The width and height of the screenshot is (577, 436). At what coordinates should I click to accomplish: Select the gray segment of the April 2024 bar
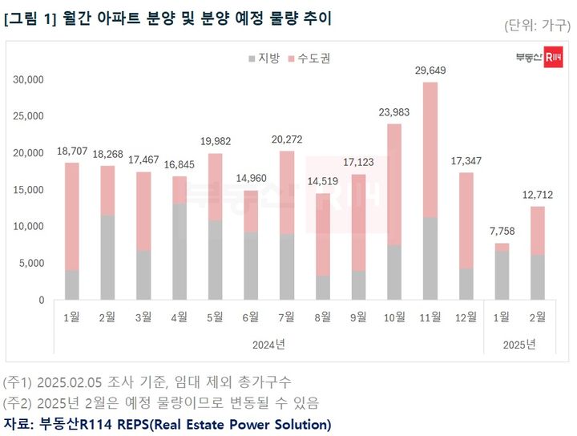pos(180,252)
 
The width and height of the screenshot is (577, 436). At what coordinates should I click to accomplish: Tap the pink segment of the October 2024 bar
pos(394,184)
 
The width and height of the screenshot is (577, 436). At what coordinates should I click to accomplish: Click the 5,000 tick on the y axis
pos(32,264)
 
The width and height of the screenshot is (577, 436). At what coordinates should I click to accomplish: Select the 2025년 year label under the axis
pos(518,345)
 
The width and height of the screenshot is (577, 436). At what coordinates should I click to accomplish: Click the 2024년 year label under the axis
pos(268,345)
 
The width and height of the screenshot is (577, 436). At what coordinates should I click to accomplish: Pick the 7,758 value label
pos(501,232)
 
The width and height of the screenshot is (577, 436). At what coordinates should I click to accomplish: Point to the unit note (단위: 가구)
pos(536,25)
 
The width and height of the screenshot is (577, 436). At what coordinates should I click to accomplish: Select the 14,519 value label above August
pos(322,183)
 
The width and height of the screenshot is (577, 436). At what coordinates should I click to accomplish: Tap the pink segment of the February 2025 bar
pos(536,231)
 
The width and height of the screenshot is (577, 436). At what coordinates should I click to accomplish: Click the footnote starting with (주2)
pos(161,402)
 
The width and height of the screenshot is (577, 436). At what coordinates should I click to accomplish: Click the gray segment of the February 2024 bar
pos(108,257)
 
